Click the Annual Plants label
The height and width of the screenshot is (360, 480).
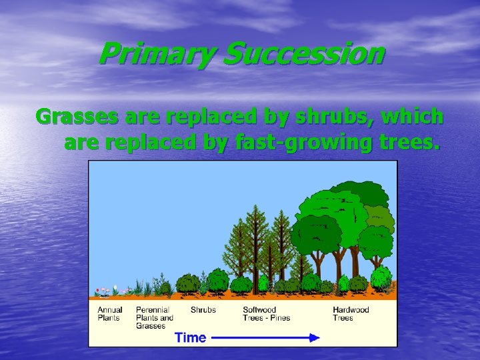click(110, 314)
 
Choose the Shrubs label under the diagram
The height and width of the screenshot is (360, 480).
click(203, 310)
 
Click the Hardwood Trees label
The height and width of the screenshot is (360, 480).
click(351, 314)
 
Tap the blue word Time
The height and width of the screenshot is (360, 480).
click(191, 337)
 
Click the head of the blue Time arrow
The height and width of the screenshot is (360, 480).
click(315, 338)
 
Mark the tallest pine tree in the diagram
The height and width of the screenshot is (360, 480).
click(254, 240)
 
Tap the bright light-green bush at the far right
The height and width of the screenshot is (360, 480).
click(381, 276)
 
